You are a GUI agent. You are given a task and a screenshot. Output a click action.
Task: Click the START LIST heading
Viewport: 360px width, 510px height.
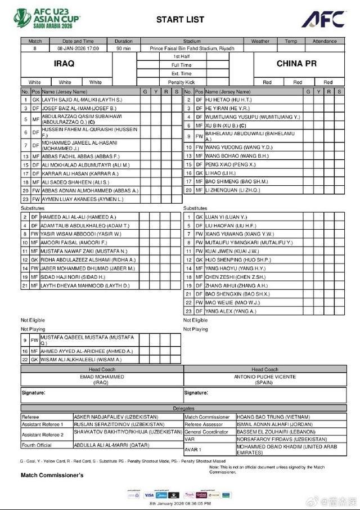[x=180, y=20]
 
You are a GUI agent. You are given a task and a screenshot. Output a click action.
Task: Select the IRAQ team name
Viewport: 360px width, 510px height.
[x=64, y=64]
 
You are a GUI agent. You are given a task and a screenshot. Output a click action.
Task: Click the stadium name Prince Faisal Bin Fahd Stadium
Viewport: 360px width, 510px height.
[x=191, y=48]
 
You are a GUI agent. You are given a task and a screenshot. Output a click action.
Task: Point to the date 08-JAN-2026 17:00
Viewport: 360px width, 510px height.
[x=78, y=48]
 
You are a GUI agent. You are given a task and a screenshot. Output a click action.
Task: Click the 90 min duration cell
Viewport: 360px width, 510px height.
[x=124, y=48]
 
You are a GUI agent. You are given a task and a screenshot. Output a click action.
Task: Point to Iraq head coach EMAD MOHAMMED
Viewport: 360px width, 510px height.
[x=101, y=377]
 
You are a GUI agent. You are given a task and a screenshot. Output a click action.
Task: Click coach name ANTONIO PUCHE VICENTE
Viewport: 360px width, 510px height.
[x=265, y=377]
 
